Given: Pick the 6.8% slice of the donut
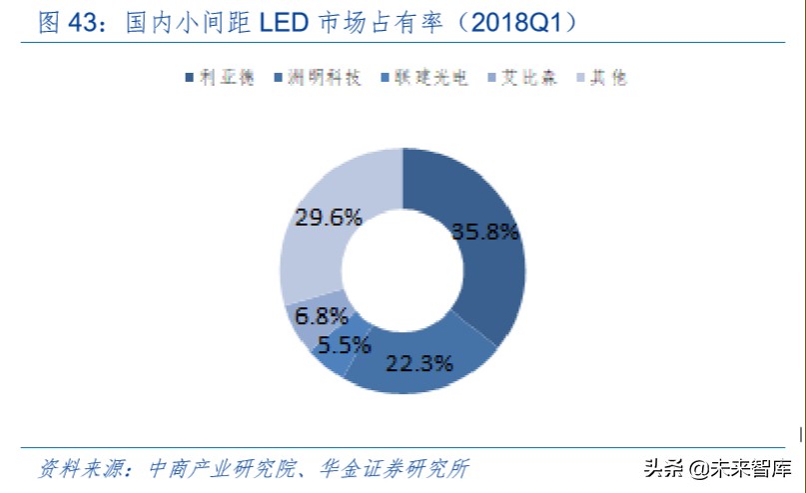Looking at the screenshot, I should (x=306, y=315).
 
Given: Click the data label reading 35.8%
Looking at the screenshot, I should (x=485, y=232).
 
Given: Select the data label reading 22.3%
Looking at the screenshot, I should (x=419, y=363).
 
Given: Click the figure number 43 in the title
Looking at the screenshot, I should (x=87, y=22).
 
